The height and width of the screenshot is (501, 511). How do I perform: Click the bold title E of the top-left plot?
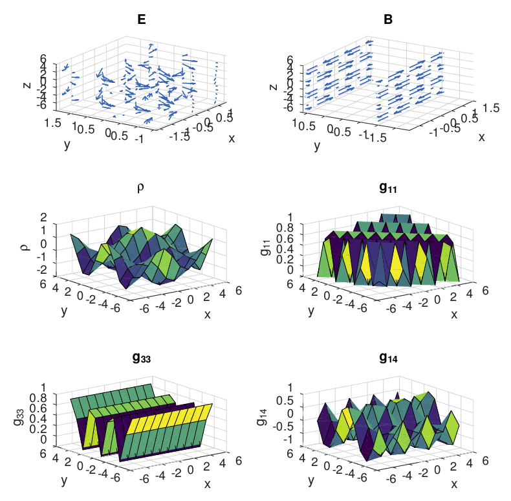141,19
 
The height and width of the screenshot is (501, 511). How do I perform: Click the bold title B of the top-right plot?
388,19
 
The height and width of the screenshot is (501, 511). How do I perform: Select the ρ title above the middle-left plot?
141,188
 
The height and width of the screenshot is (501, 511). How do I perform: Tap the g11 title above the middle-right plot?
388,188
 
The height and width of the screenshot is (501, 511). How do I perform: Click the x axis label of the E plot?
232,137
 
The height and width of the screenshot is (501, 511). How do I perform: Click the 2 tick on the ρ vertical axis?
44,217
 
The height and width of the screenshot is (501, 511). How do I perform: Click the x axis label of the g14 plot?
454,484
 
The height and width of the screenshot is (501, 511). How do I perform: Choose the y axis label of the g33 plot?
63,480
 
